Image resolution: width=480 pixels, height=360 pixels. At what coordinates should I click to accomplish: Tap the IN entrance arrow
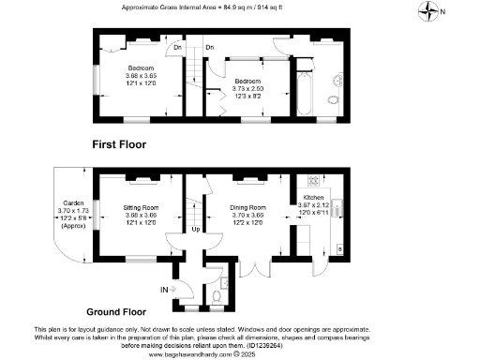tap(168, 290)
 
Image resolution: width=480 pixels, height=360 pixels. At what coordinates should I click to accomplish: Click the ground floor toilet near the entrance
tap(217, 297)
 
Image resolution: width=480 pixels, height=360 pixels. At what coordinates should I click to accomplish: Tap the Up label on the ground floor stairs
tap(195, 229)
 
